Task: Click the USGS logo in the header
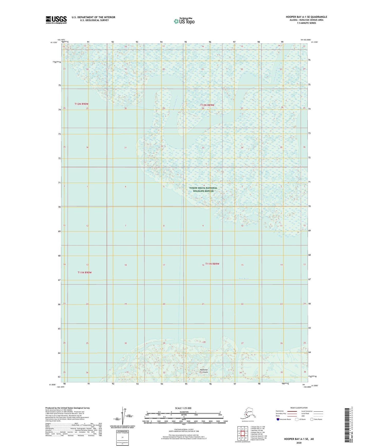click(56, 20)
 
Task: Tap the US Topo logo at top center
click(184, 21)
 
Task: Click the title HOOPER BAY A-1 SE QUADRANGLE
click(306, 17)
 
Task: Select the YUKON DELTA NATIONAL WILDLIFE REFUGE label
click(203, 189)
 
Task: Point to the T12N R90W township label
click(81, 104)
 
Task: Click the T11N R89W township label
click(212, 264)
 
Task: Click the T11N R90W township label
click(84, 272)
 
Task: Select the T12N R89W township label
click(207, 105)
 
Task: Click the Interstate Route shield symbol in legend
click(278, 419)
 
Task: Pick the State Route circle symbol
click(312, 419)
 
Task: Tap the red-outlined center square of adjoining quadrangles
click(242, 433)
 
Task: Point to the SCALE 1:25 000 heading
click(183, 408)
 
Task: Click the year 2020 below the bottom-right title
click(299, 443)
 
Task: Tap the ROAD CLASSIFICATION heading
click(299, 408)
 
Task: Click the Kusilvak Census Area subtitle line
click(306, 20)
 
